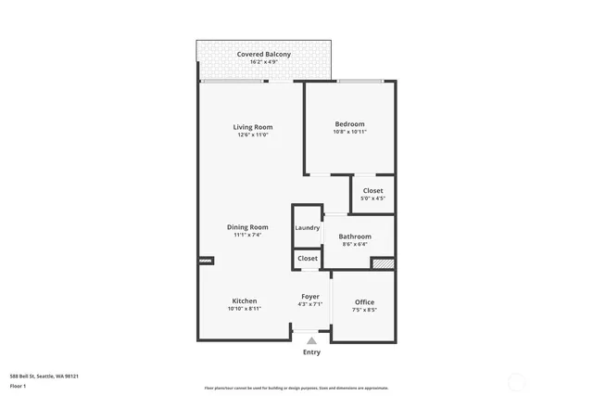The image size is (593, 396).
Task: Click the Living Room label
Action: tap(252, 127)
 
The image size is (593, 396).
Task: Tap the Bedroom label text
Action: tap(349, 124)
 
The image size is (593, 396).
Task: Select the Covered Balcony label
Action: tap(263, 55)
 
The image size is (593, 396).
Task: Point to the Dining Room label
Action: tap(247, 227)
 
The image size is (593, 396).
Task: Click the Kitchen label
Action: tap(244, 301)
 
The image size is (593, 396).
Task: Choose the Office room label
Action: tap(364, 302)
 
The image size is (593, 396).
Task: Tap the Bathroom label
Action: tap(354, 236)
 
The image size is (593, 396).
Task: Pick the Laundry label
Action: tap(307, 228)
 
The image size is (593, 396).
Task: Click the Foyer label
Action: tap(310, 297)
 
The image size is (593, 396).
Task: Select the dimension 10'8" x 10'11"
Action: tap(349, 133)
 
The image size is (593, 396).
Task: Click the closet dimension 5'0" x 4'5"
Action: tap(372, 198)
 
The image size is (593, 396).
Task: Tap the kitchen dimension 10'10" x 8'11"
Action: tap(244, 309)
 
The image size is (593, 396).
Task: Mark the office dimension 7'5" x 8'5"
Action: tap(364, 310)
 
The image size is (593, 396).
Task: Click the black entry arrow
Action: tap(311, 341)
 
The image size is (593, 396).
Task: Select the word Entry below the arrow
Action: tap(311, 352)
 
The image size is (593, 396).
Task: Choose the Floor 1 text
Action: tap(18, 386)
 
